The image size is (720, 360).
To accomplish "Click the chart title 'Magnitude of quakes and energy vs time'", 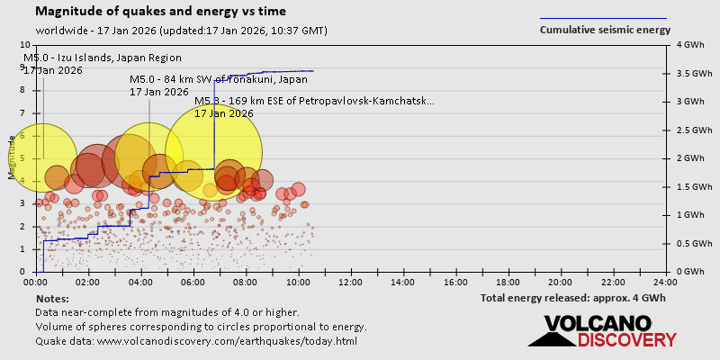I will click(161, 12).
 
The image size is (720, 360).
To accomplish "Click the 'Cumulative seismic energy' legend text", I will click(605, 30).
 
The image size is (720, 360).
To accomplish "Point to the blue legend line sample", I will click(603, 18).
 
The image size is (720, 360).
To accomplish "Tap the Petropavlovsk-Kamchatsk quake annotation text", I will click(314, 101).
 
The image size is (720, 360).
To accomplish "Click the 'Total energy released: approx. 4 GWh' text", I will click(573, 298).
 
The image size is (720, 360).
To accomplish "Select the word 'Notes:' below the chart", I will click(52, 298).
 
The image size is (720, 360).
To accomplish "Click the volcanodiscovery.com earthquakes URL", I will click(196, 341).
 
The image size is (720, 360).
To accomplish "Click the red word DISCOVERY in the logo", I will click(626, 340).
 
